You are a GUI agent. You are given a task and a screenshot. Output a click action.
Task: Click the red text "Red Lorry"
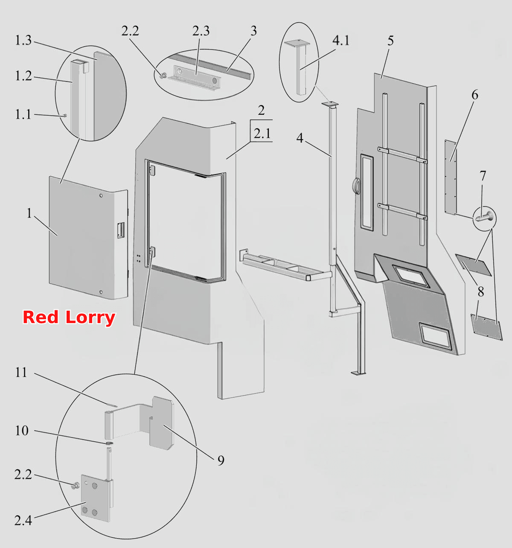tap(69, 318)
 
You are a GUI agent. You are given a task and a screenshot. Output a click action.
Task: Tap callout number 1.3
tap(23, 40)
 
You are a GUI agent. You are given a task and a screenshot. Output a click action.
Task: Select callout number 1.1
tap(23, 114)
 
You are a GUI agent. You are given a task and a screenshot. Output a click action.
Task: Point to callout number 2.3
tap(201, 31)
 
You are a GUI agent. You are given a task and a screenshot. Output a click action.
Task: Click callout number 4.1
tap(341, 40)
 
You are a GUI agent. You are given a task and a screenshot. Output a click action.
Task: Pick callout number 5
tap(391, 41)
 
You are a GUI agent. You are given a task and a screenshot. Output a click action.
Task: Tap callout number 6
tap(475, 95)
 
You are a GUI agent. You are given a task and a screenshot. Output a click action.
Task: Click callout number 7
tap(483, 176)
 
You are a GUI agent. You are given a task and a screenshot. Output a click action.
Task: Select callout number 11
tap(21, 372)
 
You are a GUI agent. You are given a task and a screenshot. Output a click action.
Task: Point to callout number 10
tap(21, 431)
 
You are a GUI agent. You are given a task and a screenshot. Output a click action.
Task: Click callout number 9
tap(221, 460)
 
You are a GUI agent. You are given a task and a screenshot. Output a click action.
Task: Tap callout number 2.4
tap(23, 520)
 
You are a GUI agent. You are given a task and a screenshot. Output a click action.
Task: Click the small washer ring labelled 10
tap(110, 443)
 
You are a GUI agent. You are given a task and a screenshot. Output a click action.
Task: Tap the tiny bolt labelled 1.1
tap(65, 116)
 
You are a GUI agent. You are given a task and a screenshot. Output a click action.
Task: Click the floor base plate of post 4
tap(358, 373)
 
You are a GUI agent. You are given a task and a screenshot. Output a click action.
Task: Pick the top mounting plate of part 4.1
tap(297, 43)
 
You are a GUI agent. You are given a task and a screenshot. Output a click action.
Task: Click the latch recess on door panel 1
tap(121, 230)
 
